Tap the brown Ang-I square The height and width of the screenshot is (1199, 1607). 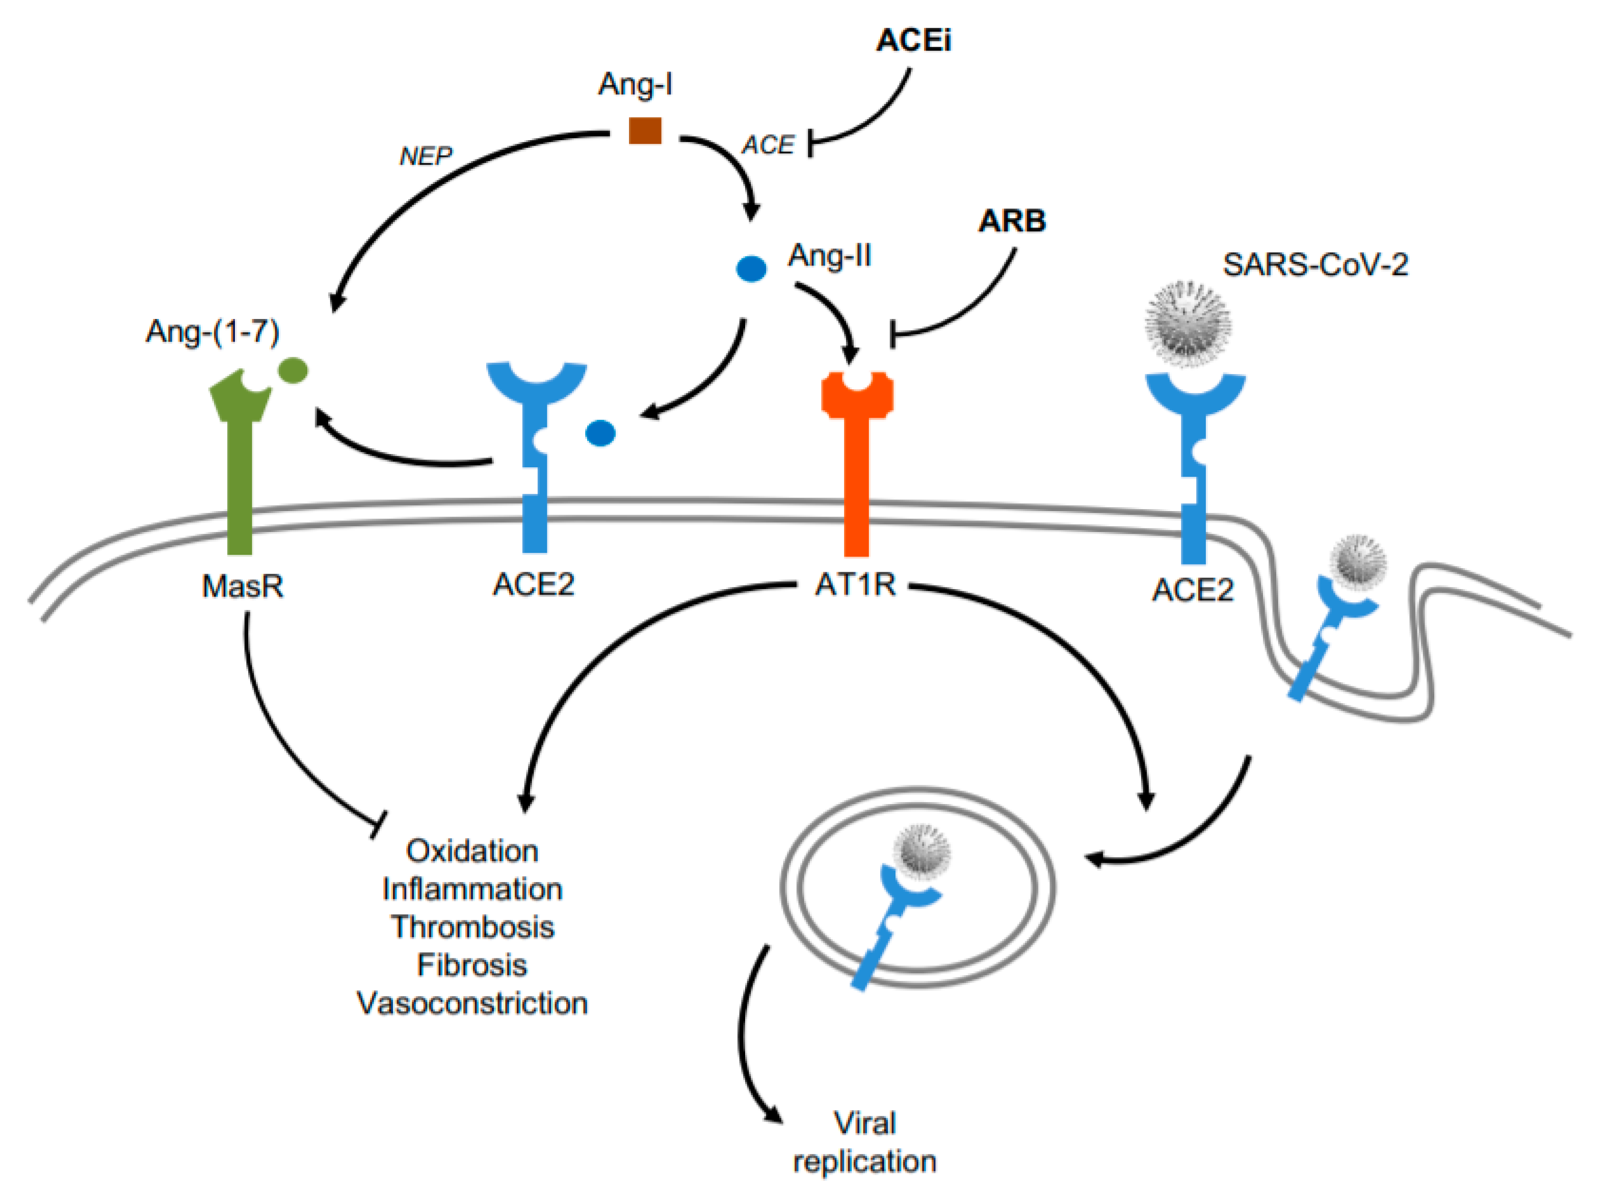tap(645, 130)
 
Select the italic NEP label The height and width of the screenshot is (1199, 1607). tap(426, 155)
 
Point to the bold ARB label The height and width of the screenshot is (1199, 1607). tap(1012, 221)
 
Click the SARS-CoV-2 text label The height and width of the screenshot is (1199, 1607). tap(1315, 264)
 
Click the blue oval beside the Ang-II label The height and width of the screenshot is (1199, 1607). tap(751, 269)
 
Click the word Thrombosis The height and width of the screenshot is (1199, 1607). tap(472, 927)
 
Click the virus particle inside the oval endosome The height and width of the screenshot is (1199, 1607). tap(922, 852)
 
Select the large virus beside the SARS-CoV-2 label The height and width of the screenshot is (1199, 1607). tap(1188, 324)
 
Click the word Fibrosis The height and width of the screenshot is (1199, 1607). tap(472, 965)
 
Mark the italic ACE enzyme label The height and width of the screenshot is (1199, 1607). tap(768, 145)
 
